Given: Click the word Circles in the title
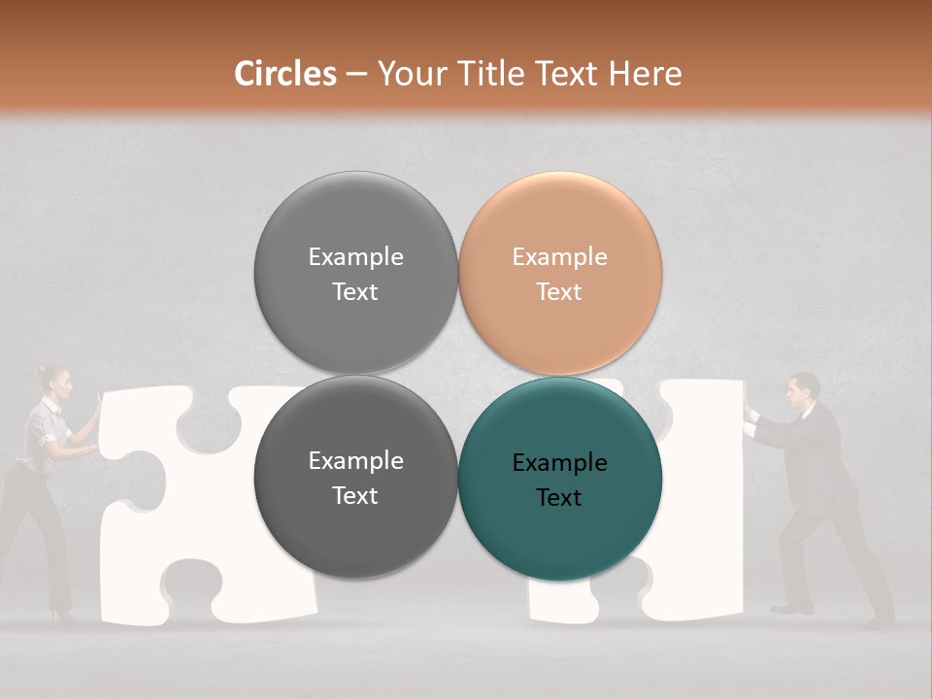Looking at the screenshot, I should coord(285,74).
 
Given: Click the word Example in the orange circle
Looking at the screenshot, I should coord(559,257).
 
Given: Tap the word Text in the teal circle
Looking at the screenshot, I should coord(559,498).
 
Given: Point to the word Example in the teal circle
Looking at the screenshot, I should coord(559,463).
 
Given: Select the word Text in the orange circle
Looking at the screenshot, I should coord(559,292).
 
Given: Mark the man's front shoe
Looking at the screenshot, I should coord(790,609).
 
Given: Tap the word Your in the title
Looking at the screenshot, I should coord(407,74).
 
